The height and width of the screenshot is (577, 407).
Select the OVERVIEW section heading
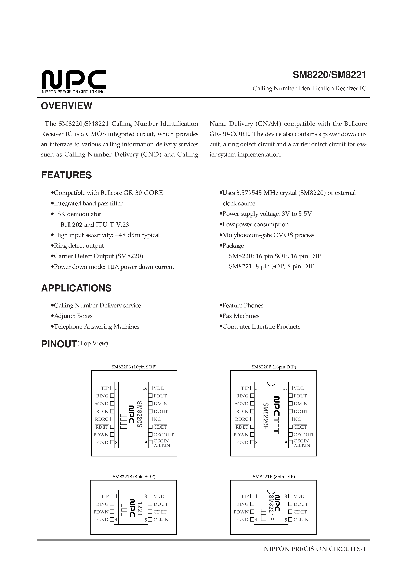67,106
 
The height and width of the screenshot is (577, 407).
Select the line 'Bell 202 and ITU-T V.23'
95,225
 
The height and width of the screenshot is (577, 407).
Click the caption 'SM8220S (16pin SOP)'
134,367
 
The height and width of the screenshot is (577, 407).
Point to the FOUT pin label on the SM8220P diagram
300,396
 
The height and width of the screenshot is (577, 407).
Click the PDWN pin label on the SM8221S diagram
101,512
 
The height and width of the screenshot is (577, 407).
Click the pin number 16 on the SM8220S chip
145,389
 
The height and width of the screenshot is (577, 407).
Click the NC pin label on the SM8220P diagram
297,419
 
